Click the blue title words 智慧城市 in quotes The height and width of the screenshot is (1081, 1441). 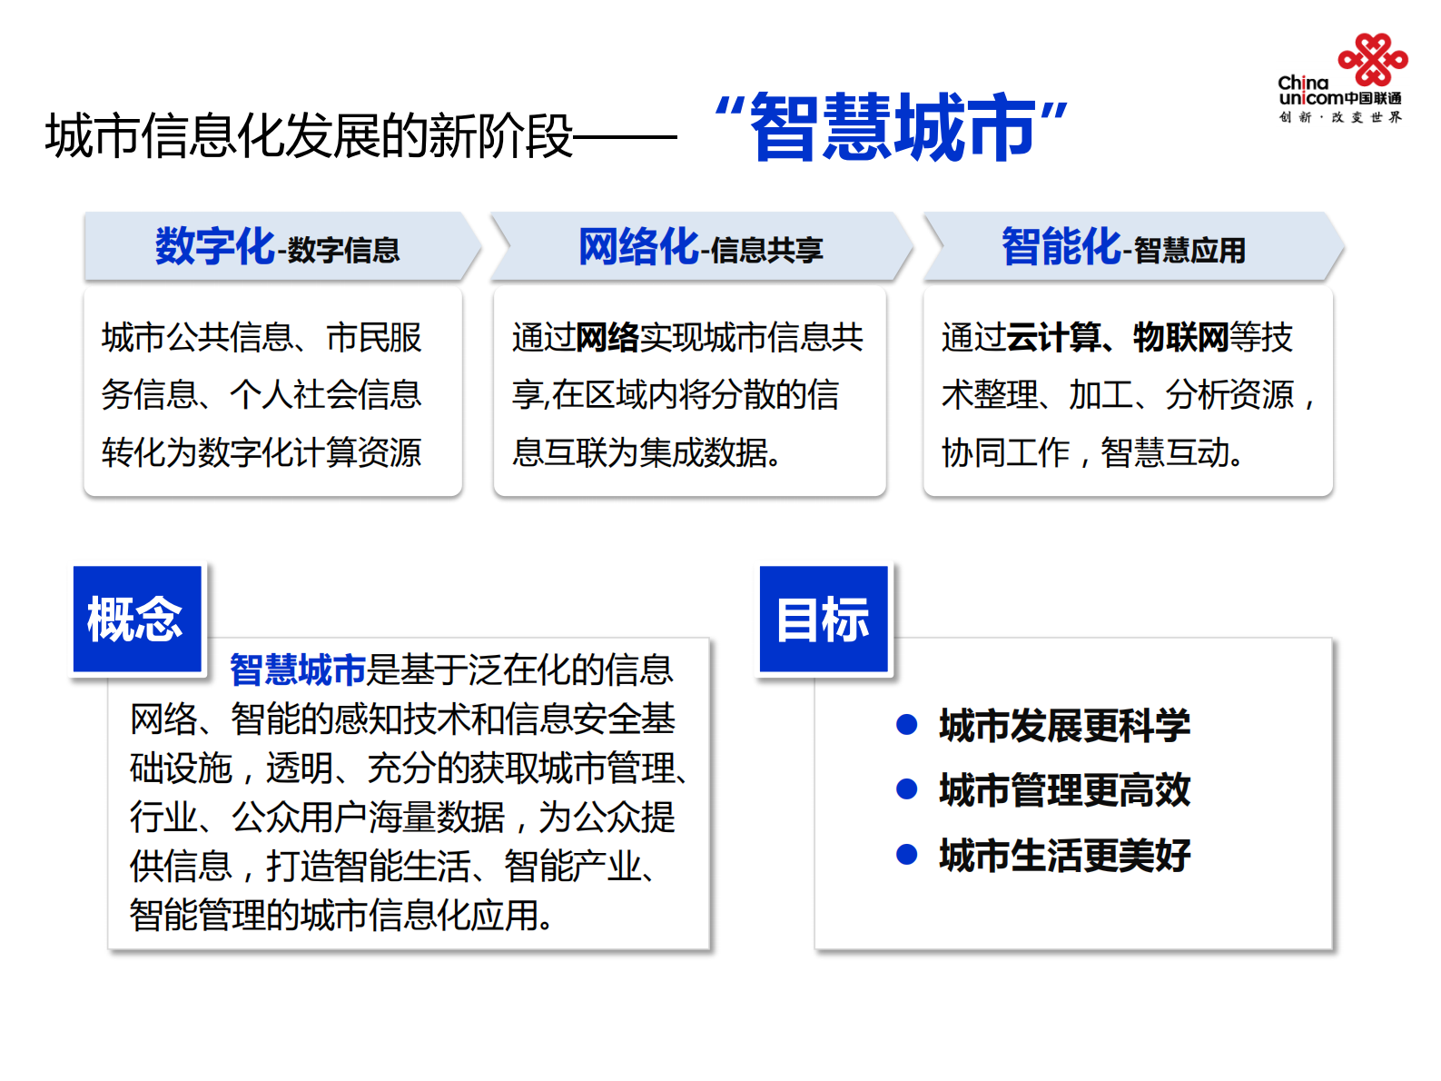(892, 127)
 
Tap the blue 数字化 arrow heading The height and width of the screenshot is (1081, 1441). (214, 246)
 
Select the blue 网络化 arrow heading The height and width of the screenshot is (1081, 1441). (638, 246)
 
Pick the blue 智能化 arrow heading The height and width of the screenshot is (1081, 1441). (1061, 246)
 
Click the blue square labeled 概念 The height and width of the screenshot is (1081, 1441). (136, 619)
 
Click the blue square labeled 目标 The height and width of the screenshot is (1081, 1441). (824, 619)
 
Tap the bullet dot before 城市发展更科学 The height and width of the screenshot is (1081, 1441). (906, 724)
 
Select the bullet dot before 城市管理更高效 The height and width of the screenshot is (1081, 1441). (906, 788)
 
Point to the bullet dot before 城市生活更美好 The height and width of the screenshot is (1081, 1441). (906, 854)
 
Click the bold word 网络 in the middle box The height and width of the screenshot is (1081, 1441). (607, 337)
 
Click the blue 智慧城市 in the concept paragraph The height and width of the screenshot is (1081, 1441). (297, 669)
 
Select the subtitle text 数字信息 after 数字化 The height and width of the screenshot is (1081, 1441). (344, 250)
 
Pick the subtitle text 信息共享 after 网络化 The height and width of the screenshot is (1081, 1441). (767, 250)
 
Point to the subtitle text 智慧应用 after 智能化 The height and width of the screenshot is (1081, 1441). (1189, 250)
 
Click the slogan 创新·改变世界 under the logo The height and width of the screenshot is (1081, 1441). (1340, 117)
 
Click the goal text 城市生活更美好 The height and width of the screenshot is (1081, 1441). (1064, 855)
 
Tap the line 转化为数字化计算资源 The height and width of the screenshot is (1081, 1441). (262, 452)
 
